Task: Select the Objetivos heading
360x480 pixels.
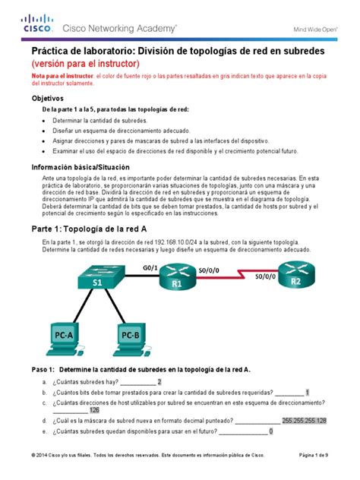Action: click(47, 99)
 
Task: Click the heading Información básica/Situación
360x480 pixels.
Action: click(81, 166)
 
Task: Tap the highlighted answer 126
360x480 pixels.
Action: click(94, 410)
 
